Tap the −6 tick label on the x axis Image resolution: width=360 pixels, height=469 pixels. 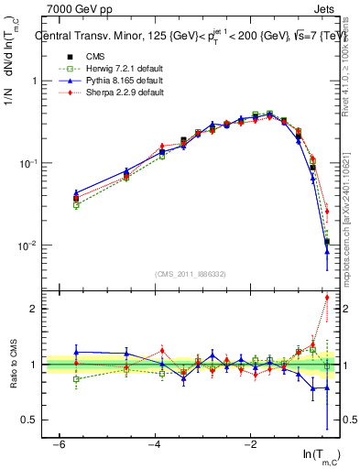58,442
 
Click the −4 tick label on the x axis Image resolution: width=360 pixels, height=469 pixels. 154,442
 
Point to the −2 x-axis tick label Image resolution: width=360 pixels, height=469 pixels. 251,442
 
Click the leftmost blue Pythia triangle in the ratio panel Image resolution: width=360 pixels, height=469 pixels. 76,352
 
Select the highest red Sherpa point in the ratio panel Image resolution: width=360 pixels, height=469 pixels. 327,297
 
